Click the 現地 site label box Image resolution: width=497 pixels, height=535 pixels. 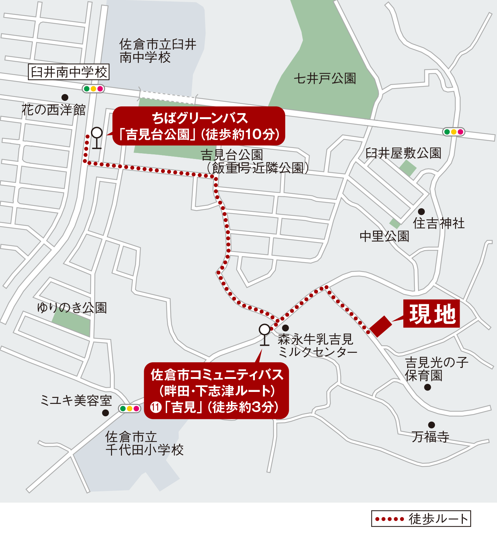coord(431,314)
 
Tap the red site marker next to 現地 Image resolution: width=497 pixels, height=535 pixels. coord(381,326)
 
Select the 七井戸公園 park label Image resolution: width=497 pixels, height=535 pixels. coord(325,78)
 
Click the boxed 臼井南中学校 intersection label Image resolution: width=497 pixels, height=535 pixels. coord(69,72)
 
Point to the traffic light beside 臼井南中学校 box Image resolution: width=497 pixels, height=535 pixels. coord(93,89)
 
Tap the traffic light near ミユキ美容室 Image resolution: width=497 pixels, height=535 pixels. coord(129,408)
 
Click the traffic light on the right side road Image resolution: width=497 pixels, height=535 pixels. coord(454,132)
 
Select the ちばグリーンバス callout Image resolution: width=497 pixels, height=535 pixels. coord(198,126)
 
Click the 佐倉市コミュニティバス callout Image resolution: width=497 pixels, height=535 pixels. coord(216,391)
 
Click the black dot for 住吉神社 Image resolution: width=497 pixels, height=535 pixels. coord(421,211)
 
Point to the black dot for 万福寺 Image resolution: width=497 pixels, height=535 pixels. coord(431,425)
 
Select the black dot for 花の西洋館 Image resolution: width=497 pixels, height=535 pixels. coord(65,97)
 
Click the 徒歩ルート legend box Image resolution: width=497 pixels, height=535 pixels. coord(421,519)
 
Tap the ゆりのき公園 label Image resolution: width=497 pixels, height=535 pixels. coord(72,308)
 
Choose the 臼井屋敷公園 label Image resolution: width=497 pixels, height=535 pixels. coord(403,153)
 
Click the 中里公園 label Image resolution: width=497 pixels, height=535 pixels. coord(384,236)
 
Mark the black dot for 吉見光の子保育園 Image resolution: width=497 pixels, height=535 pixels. coord(428,387)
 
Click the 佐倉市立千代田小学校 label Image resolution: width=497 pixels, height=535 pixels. coord(145,443)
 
